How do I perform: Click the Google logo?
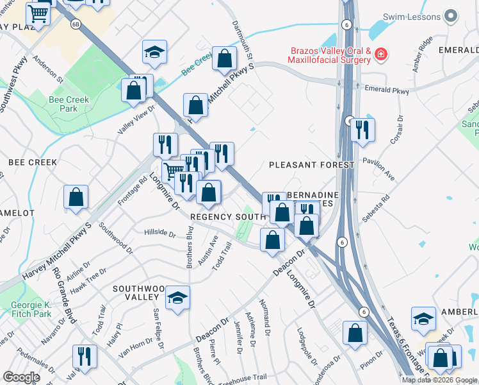(22, 377)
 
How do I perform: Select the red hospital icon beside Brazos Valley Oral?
(381, 55)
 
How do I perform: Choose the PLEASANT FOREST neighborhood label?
(311, 165)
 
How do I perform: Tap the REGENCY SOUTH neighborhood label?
(227, 217)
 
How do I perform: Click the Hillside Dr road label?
(159, 233)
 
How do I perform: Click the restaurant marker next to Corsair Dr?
(362, 130)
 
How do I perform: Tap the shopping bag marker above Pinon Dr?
(355, 333)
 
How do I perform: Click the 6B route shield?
(76, 24)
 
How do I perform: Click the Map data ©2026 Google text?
(440, 380)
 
